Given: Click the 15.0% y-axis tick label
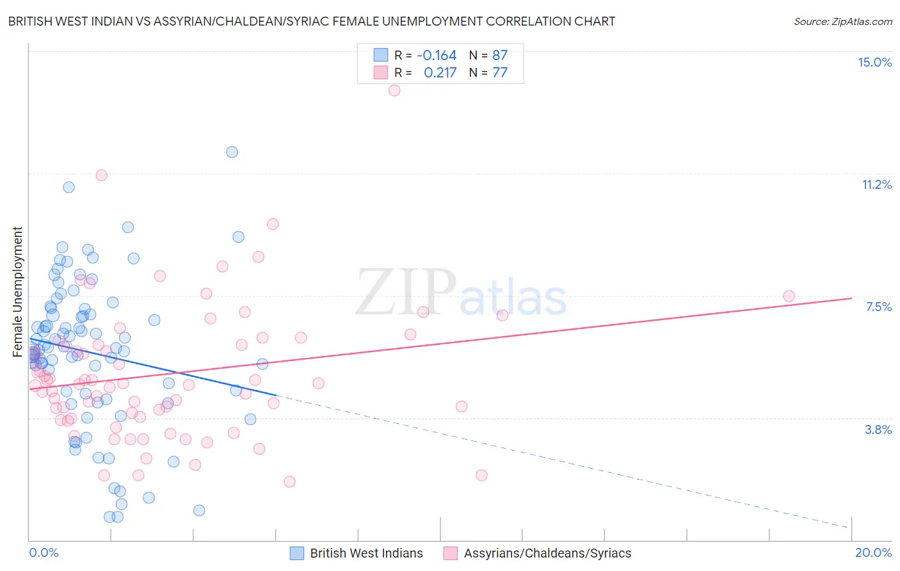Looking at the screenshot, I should click(874, 62).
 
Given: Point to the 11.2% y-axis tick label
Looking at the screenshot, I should click(876, 184).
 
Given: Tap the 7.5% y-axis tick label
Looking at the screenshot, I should click(878, 307).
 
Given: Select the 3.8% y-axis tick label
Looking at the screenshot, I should click(878, 430).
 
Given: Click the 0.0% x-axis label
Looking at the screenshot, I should click(44, 552).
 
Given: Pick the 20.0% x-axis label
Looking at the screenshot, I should click(873, 552).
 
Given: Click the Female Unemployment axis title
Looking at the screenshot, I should click(17, 291).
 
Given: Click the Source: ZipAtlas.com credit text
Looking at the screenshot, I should click(842, 21).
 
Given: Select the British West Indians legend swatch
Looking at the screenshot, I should click(297, 553).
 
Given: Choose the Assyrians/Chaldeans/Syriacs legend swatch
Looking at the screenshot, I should click(451, 553).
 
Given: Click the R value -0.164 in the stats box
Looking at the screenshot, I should click(437, 55).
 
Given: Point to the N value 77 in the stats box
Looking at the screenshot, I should click(499, 72).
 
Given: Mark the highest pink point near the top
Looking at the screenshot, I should click(394, 90).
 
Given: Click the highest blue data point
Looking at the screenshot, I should click(232, 152).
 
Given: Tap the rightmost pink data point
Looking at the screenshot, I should click(789, 296).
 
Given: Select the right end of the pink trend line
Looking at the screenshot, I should click(851, 298).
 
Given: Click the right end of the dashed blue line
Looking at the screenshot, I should click(850, 527).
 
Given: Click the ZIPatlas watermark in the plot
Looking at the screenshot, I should click(461, 293).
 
